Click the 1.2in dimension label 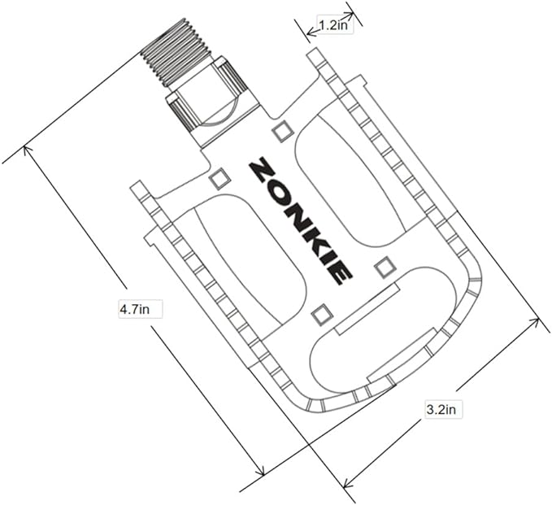click(333, 25)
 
